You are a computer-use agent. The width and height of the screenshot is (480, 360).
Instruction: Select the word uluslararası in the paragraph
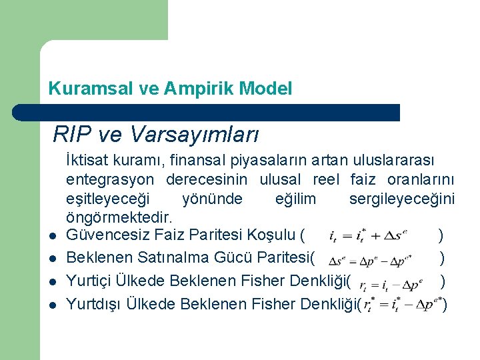[397, 160]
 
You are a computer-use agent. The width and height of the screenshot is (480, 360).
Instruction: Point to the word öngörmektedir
[119, 217]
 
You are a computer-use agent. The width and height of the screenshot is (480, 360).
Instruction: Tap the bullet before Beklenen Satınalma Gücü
[51, 259]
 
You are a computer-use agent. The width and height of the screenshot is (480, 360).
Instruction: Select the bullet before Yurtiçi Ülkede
[51, 281]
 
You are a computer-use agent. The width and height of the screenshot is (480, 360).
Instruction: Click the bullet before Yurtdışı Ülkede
[51, 305]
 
